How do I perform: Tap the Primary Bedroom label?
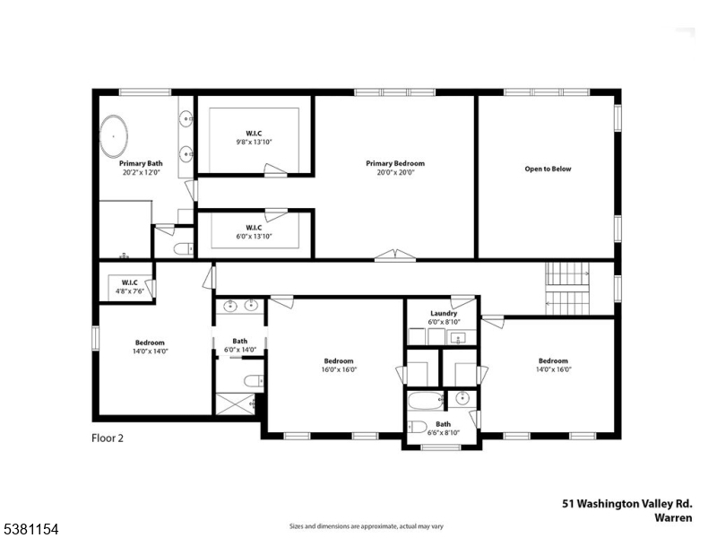coord(394,163)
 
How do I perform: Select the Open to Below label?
coord(548,169)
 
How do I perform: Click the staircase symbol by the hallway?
coord(566,289)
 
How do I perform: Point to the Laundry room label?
coord(444,313)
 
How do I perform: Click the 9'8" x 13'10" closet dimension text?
coord(254,142)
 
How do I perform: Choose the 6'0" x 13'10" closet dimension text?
coord(254,236)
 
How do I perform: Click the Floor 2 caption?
coord(108,438)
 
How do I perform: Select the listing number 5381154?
coord(30,531)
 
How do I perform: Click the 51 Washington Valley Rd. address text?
coord(626,505)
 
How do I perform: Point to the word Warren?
coord(673,517)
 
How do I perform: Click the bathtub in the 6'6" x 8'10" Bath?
coord(424,399)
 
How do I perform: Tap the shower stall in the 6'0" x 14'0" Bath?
coord(237,403)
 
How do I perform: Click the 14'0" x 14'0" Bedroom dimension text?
coord(150,351)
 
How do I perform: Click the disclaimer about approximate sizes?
coord(367,525)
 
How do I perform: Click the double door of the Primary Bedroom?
coord(395,256)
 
